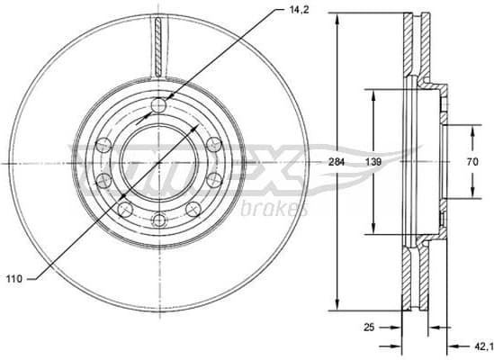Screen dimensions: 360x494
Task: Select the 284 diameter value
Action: [337, 162]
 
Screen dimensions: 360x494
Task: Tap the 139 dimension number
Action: [372, 162]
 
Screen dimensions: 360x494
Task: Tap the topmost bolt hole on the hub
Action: [159, 106]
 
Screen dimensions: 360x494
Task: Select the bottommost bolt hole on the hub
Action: [159, 220]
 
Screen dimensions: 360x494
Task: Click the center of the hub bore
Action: [159, 163]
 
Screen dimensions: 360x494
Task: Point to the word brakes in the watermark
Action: [274, 209]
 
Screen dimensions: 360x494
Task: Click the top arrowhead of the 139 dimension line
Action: [372, 92]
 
